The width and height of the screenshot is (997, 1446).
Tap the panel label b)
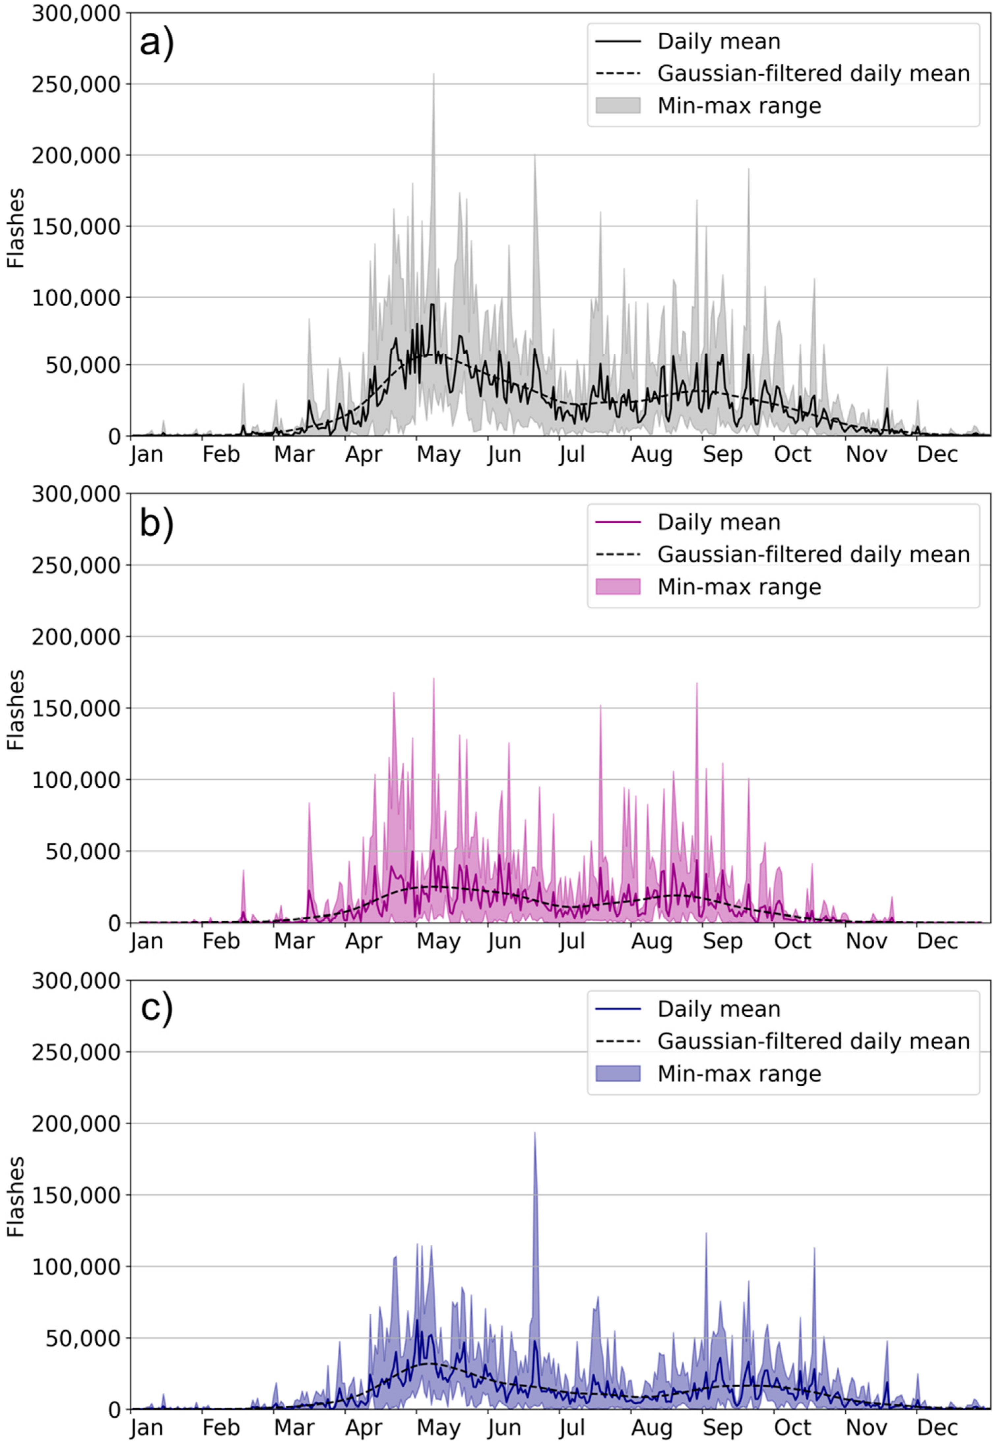click(156, 524)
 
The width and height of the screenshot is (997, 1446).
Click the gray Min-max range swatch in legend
click(618, 106)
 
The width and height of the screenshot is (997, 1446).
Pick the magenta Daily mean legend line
click(618, 522)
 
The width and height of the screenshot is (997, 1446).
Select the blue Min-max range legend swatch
click(618, 1073)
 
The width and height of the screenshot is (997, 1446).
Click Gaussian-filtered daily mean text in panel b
click(813, 554)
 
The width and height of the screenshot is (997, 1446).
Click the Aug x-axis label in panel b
click(652, 941)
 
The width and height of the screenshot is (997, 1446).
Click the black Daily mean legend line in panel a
click(618, 41)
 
